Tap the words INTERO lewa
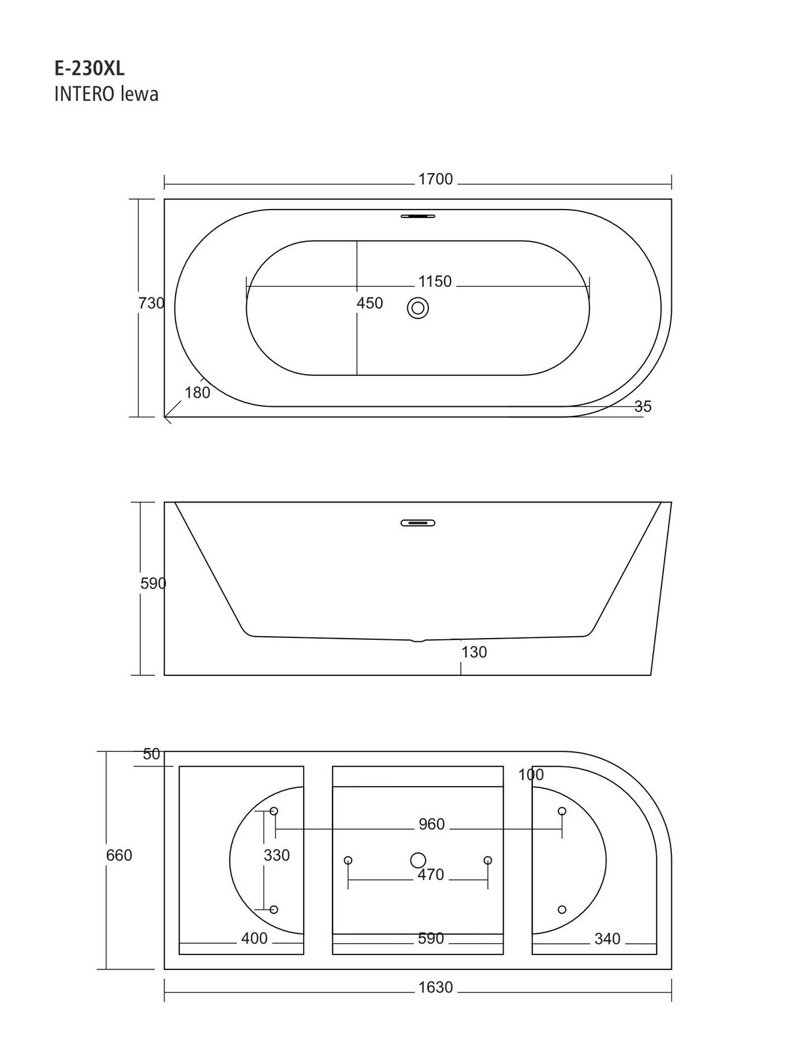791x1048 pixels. [x=106, y=94]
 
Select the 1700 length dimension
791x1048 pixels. [x=435, y=179]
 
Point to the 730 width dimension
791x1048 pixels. [x=151, y=303]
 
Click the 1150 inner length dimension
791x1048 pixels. [x=435, y=281]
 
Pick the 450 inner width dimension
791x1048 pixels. [x=370, y=303]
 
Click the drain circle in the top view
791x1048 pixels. [x=418, y=308]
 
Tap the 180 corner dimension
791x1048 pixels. [x=197, y=392]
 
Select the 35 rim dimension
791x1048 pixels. [x=642, y=406]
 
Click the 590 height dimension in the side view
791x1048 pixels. [x=153, y=583]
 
